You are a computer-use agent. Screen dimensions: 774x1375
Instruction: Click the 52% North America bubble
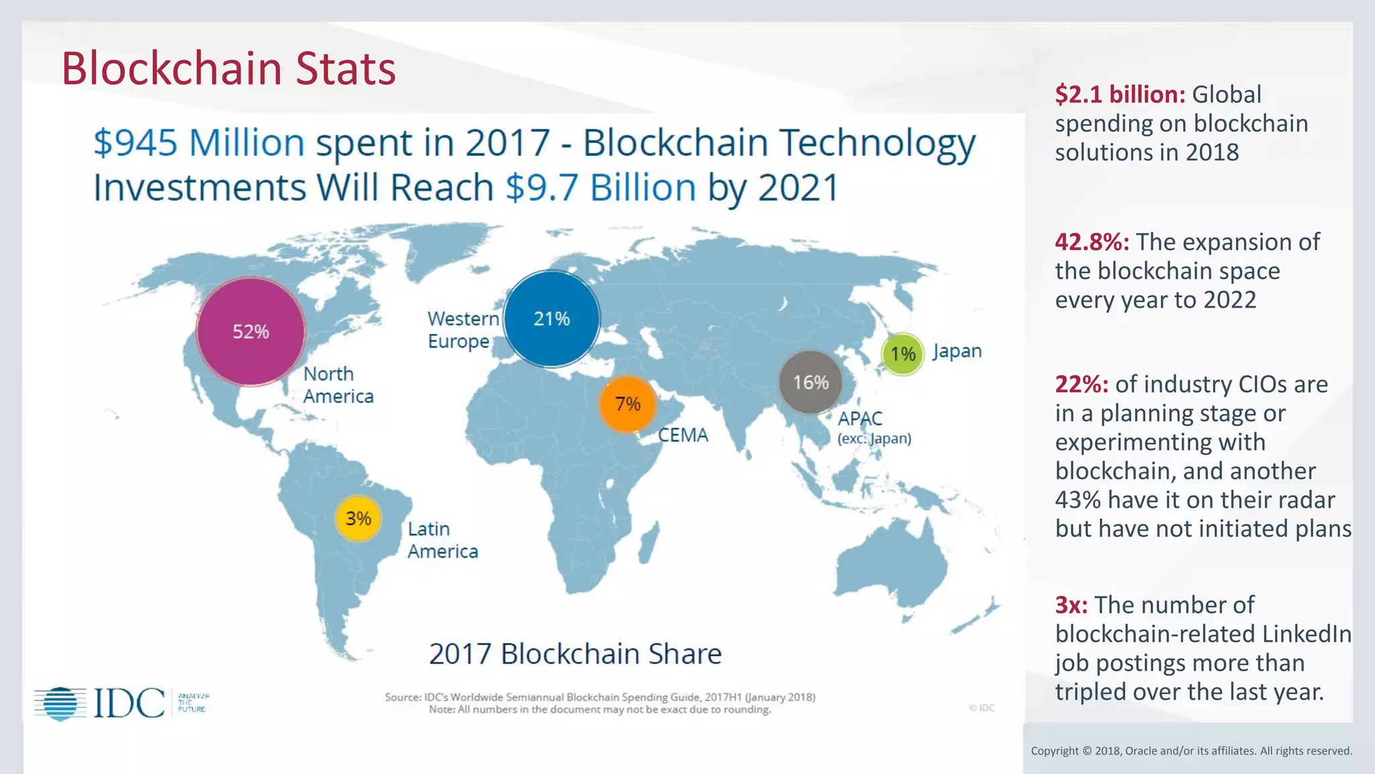[250, 331]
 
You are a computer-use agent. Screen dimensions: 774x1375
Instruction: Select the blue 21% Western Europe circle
[551, 318]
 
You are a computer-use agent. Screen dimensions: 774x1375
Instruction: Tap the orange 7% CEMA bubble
[628, 404]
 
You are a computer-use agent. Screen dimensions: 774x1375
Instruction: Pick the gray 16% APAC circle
[811, 382]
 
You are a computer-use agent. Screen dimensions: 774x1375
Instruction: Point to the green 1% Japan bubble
[902, 353]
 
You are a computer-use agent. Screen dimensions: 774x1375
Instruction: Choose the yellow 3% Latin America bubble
[358, 518]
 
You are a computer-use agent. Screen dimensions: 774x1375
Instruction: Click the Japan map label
[957, 351]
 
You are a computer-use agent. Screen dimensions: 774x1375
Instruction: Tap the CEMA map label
[683, 435]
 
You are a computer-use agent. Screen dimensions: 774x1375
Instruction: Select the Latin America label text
[442, 540]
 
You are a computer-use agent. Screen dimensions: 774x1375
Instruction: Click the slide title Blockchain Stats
[228, 69]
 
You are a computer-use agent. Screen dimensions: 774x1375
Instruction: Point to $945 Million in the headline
[199, 143]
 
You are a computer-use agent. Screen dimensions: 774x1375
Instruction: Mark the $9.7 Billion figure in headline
[600, 187]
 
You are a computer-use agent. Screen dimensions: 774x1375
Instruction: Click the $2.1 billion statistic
[1120, 95]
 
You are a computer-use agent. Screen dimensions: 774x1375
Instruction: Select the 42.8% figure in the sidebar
[1092, 242]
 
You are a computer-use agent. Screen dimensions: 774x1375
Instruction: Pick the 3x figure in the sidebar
[1071, 605]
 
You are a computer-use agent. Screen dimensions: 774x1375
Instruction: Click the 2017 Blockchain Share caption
[575, 654]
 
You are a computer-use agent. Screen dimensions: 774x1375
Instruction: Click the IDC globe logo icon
[60, 703]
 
